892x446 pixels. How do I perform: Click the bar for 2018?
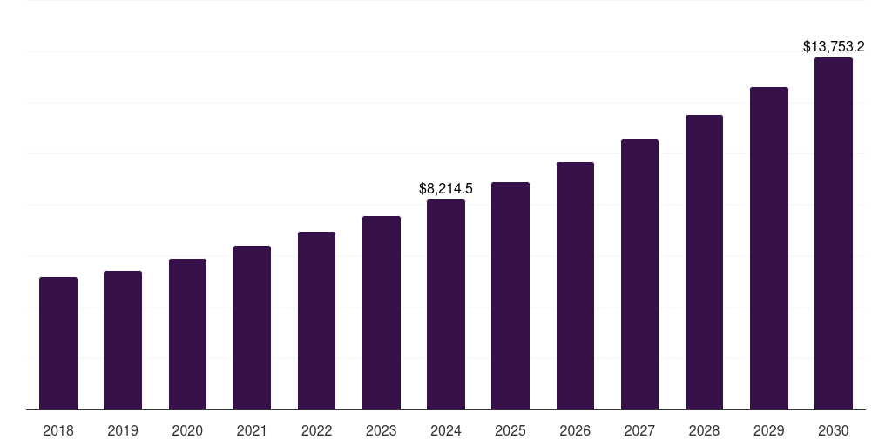coord(58,343)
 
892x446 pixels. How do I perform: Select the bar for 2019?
coord(123,340)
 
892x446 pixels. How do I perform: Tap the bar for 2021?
coord(252,328)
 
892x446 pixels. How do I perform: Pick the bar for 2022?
coord(316,321)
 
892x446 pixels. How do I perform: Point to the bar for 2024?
coord(446,304)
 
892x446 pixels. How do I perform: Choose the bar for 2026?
coord(575,286)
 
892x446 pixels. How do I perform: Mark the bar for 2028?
coord(704,262)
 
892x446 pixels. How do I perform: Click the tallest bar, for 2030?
coord(833,233)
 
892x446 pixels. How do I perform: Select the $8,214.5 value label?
coord(446,188)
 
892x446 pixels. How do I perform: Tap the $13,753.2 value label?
coord(833,47)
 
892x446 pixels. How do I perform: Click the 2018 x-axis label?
coord(58,430)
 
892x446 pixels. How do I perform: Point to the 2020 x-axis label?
coord(187,430)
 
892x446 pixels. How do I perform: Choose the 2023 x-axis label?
coord(381,430)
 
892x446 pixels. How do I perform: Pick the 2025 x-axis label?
coord(510,430)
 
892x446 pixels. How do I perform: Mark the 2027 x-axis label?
coord(639,430)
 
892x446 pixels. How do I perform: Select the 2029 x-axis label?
coord(768,430)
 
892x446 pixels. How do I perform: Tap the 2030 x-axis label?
coord(833,430)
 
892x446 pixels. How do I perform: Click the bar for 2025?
coord(510,295)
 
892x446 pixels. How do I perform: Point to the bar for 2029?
coord(768,248)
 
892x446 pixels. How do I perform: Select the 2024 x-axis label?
coord(446,430)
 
